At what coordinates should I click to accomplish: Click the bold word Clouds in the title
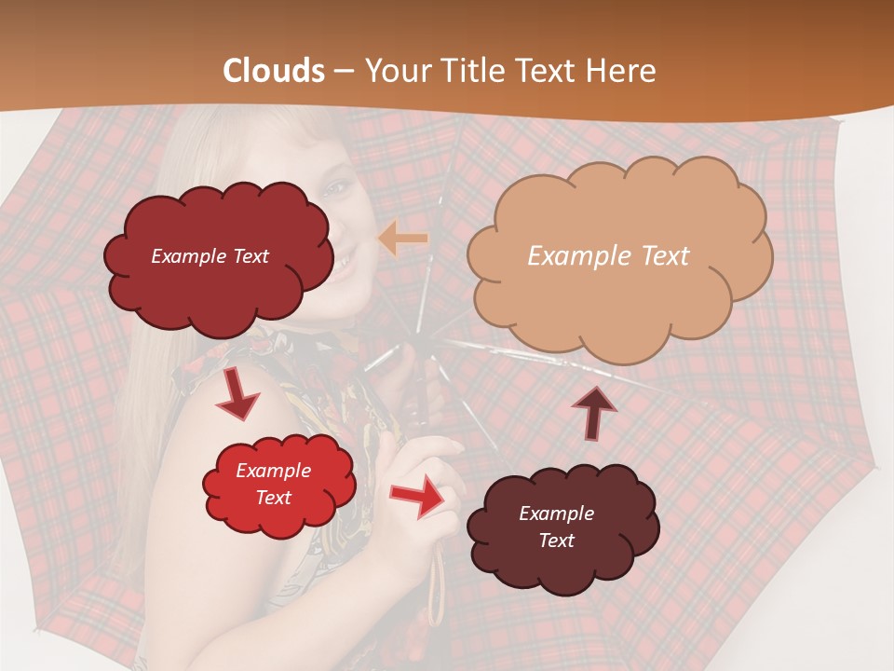click(x=274, y=71)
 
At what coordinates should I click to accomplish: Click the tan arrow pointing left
click(x=402, y=240)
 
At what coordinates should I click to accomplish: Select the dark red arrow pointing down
click(x=237, y=396)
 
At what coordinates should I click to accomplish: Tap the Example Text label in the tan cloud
click(x=608, y=256)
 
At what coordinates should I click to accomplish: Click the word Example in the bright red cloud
click(x=273, y=471)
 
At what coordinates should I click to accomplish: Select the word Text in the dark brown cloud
click(x=556, y=541)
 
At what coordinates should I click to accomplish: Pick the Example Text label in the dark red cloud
click(x=210, y=256)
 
